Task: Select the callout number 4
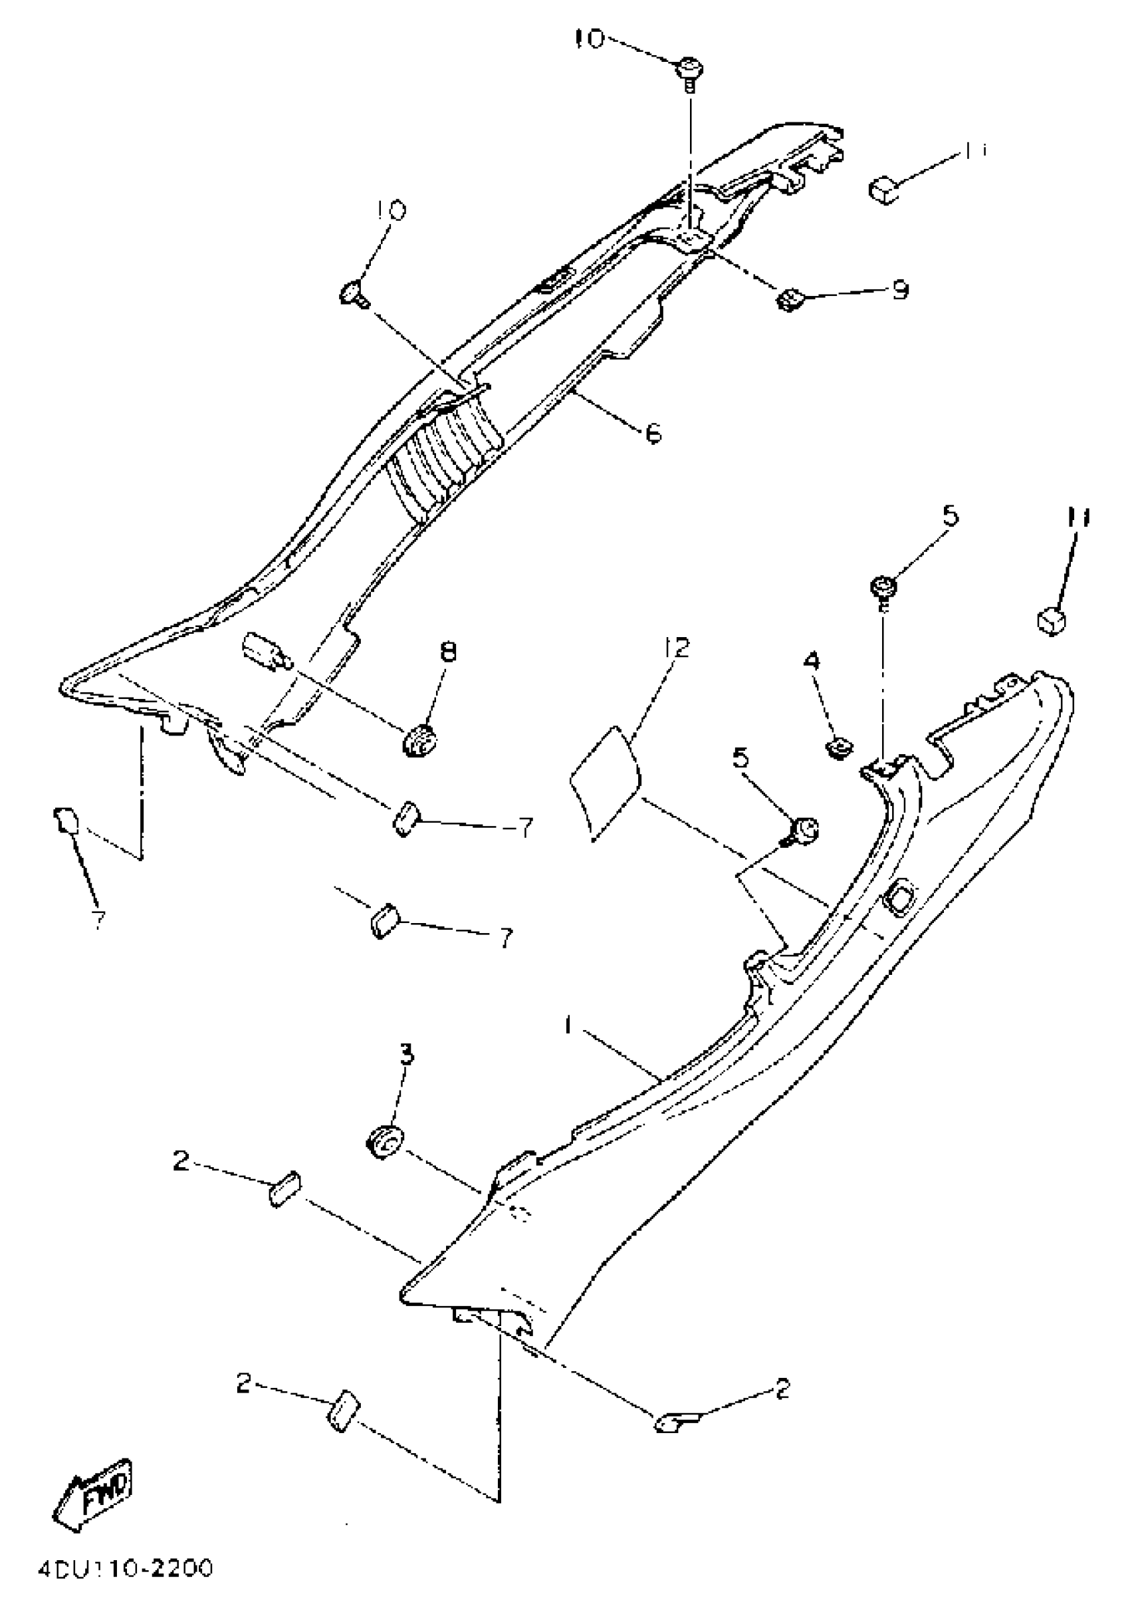(812, 660)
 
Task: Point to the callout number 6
(653, 434)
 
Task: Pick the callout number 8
(447, 652)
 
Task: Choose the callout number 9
(901, 290)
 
